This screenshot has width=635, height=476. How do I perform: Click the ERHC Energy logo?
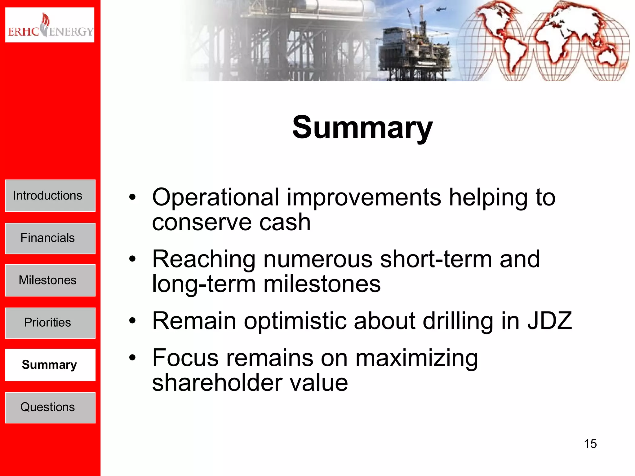tap(50, 25)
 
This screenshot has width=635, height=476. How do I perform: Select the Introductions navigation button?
tap(50, 196)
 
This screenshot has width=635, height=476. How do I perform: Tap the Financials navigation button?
tap(50, 238)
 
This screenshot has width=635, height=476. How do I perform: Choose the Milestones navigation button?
tap(50, 280)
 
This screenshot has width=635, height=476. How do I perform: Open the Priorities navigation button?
tap(50, 323)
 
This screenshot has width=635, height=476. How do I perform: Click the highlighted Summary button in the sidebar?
tap(50, 365)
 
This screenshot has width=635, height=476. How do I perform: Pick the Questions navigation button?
tap(50, 407)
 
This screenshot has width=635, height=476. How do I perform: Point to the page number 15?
tap(590, 444)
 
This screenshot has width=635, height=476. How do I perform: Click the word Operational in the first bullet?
tap(216, 197)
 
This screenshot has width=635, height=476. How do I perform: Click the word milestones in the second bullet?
tap(322, 284)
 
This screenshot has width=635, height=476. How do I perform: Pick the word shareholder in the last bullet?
tap(217, 383)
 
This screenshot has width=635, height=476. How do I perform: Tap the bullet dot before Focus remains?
tap(133, 358)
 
